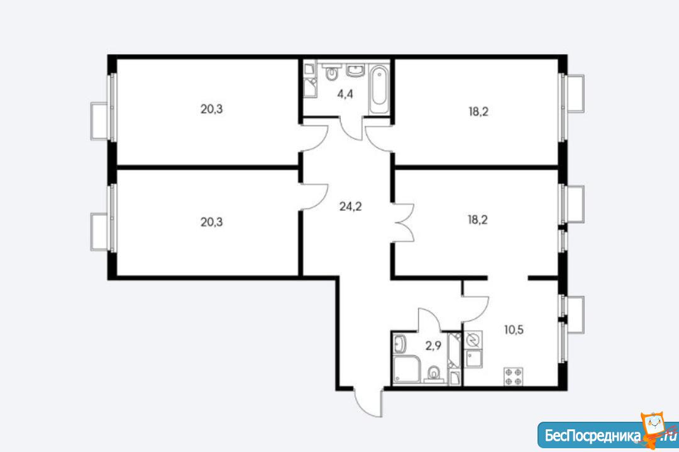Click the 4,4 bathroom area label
pyautogui.click(x=345, y=94)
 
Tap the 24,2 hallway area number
pyautogui.click(x=350, y=206)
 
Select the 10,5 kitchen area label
pyautogui.click(x=514, y=330)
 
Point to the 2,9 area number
pyautogui.click(x=433, y=346)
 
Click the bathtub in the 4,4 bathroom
pyautogui.click(x=379, y=90)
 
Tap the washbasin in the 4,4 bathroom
pyautogui.click(x=356, y=71)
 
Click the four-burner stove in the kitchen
pyautogui.click(x=513, y=376)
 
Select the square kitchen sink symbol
pyautogui.click(x=473, y=359)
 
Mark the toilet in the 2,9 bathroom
pyautogui.click(x=434, y=374)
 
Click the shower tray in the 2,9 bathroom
pyautogui.click(x=406, y=370)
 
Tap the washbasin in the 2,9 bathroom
pyautogui.click(x=400, y=344)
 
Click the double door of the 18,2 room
pyautogui.click(x=404, y=223)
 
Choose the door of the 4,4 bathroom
pyautogui.click(x=351, y=128)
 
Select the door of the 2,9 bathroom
pyautogui.click(x=429, y=319)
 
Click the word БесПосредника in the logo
pyautogui.click(x=592, y=435)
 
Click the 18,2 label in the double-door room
pyautogui.click(x=478, y=220)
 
